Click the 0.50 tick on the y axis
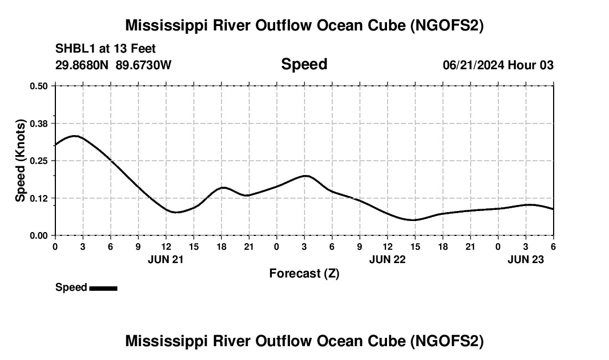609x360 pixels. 39,86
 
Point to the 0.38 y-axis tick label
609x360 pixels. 39,124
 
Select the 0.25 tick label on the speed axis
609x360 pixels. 39,161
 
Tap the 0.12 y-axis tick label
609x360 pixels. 39,198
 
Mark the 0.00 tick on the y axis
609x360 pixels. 39,235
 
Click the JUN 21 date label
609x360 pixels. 166,259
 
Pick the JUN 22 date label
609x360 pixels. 387,259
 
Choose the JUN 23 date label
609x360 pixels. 526,259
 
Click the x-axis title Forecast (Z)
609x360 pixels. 304,274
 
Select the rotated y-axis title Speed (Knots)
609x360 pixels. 20,161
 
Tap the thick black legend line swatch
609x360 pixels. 103,288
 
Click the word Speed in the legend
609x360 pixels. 71,287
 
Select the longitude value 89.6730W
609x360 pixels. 143,65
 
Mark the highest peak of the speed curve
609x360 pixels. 74,136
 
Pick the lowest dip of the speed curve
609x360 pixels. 414,220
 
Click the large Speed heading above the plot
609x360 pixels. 304,64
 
